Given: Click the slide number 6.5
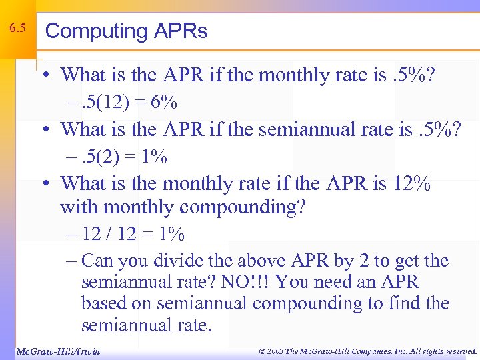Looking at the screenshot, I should [18, 29].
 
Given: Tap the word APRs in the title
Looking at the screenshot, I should [180, 31].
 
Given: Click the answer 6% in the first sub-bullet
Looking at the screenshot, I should [163, 103].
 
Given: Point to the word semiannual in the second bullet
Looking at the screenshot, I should [315, 129].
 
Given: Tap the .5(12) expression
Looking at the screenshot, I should [105, 103].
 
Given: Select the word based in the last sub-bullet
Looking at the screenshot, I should [102, 303].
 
